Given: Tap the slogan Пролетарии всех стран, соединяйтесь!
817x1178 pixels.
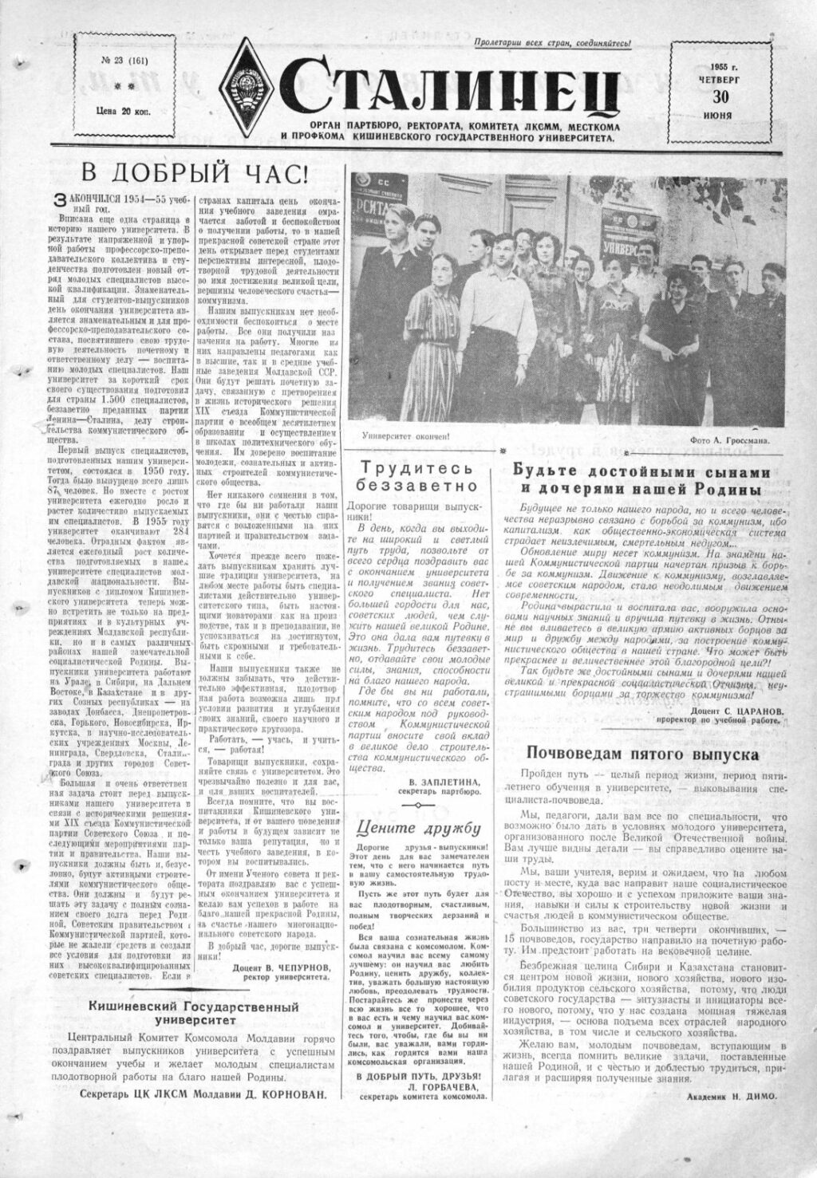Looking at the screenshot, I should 551,43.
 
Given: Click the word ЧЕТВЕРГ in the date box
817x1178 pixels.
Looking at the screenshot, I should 720,79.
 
